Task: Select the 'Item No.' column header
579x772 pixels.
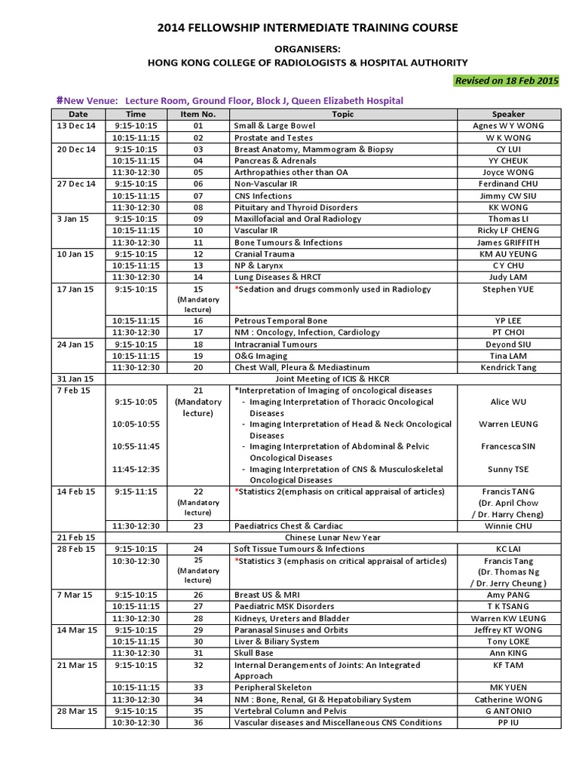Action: tap(198, 114)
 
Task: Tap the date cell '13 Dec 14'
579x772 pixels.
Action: tap(78, 126)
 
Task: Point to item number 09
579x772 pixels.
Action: tap(198, 219)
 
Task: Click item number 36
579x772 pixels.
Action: tap(198, 723)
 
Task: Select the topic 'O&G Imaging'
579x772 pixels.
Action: tap(261, 356)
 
